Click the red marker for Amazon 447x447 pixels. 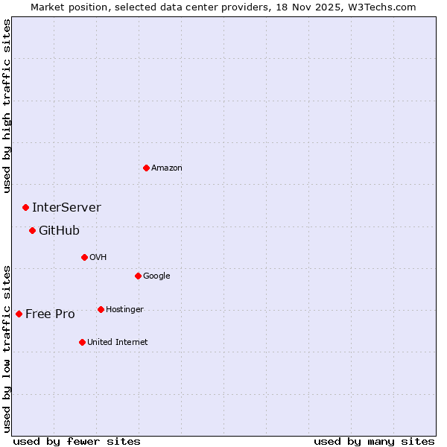pos(146,168)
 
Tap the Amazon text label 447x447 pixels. pos(167,168)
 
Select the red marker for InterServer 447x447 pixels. pos(25,207)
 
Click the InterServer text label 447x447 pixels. pos(66,208)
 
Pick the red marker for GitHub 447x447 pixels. pos(32,230)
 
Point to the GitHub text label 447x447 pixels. pos(59,231)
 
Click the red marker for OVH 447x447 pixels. pos(84,257)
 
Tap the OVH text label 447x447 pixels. pos(98,258)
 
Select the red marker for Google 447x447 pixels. pos(138,276)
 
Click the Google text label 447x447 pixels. pos(156,276)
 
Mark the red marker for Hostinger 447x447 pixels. pos(101,309)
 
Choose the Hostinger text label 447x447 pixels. pos(124,310)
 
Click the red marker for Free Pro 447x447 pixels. pos(19,314)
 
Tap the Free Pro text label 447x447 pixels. pos(50,314)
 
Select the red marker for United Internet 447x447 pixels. pos(82,342)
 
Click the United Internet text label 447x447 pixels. pos(118,343)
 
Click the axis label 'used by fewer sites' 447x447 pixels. pos(77,441)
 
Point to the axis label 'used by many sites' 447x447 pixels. pos(374,441)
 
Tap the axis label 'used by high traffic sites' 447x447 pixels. pos(7,107)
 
